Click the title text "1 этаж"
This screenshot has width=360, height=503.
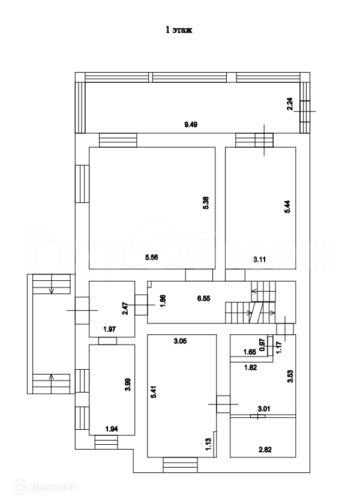[x=179, y=29]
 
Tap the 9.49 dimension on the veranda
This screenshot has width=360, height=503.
[x=191, y=125]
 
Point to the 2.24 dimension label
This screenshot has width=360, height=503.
[x=290, y=104]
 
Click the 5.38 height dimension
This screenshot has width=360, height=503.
[x=205, y=203]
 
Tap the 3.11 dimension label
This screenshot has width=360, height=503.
[x=260, y=259]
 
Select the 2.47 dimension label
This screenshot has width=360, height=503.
[x=124, y=309]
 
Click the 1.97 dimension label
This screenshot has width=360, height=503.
[x=109, y=329]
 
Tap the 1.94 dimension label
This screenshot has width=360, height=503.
[x=112, y=429]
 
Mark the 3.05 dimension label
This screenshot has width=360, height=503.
[x=179, y=342]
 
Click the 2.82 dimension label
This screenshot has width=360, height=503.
[x=265, y=448]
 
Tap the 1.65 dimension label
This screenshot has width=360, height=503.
[x=250, y=353]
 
